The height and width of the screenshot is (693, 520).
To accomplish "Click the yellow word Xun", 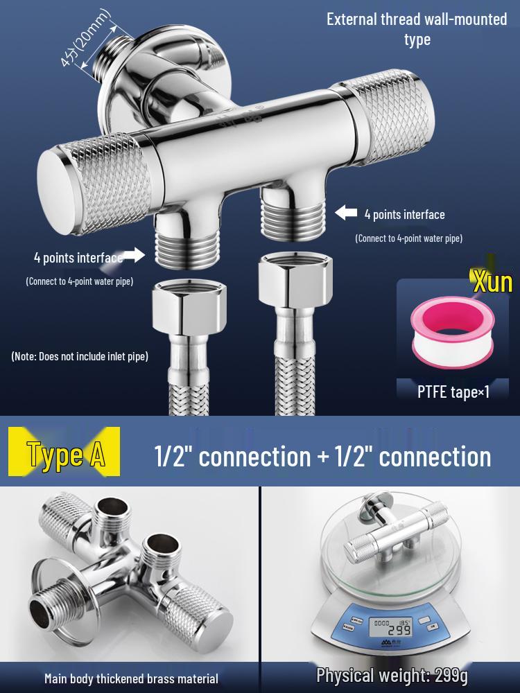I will (x=492, y=282).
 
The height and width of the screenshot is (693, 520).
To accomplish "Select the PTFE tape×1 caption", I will (x=454, y=392).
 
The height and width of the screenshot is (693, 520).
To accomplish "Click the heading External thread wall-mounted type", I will (x=417, y=29).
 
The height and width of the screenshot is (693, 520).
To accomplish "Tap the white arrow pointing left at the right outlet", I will (x=347, y=213).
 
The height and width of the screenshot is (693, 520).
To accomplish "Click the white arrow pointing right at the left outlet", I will (x=134, y=256).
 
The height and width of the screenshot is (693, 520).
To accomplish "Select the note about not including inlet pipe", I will (x=80, y=356).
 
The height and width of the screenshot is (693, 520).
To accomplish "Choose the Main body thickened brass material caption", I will (x=131, y=678).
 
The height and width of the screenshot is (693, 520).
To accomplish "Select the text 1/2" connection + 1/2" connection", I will (x=322, y=456).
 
